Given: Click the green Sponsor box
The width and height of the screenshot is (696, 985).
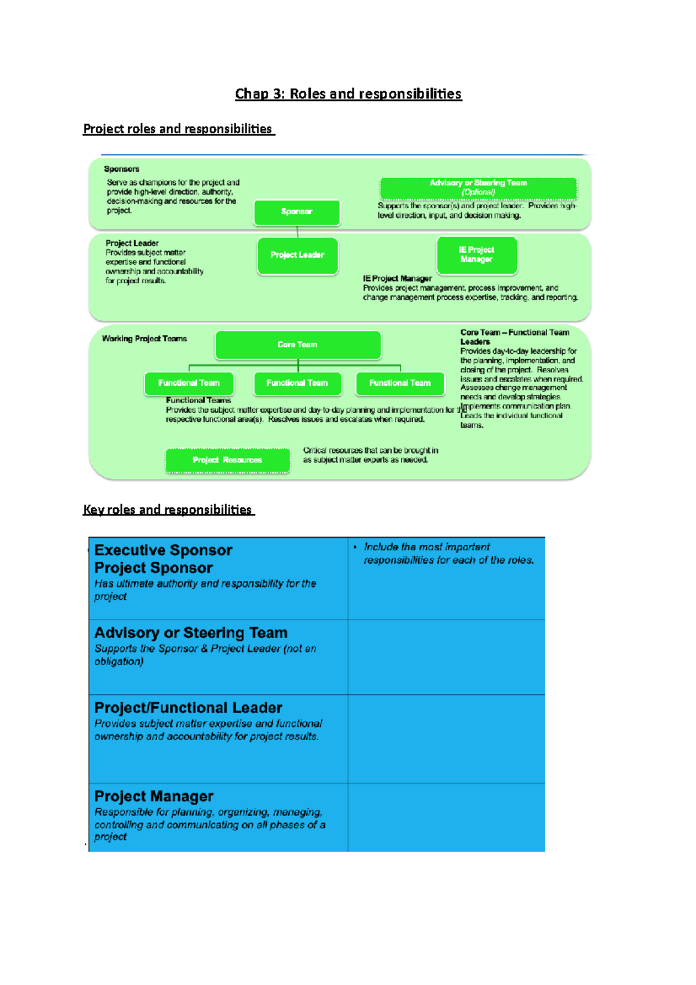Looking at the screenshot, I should click(x=296, y=212).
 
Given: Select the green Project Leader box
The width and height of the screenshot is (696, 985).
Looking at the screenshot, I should click(x=297, y=255).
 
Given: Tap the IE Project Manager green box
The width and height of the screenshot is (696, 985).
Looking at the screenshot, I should click(x=477, y=255).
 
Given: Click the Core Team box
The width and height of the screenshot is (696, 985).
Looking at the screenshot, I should click(x=298, y=345).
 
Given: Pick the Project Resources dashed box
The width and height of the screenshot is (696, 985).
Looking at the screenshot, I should click(x=227, y=460).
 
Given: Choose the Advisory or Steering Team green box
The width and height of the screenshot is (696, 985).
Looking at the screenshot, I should click(x=478, y=187).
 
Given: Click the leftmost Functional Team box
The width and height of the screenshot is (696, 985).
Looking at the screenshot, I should click(x=189, y=383).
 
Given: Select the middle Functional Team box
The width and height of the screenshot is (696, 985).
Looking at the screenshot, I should click(x=297, y=383).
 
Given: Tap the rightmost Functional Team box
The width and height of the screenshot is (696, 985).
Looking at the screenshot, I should click(x=400, y=383).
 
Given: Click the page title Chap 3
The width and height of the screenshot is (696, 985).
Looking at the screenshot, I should click(x=348, y=94).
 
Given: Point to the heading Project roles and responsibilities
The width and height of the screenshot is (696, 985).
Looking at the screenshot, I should click(x=178, y=129).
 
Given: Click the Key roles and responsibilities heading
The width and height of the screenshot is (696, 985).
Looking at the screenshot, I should click(x=168, y=510).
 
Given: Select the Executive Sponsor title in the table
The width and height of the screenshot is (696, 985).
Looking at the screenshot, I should click(x=163, y=550).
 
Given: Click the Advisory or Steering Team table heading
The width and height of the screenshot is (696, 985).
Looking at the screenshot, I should click(x=191, y=632).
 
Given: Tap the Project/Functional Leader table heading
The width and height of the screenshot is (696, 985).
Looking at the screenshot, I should click(x=188, y=708).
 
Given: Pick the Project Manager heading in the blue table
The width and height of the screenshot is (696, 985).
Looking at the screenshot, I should click(x=154, y=796).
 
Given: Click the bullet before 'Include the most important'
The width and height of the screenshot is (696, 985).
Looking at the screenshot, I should click(x=354, y=547).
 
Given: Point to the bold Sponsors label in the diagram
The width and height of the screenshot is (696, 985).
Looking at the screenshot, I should click(x=122, y=169).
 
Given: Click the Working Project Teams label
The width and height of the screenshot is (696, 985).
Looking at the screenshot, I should click(x=144, y=339).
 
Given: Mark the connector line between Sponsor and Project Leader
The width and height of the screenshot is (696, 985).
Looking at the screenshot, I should click(x=298, y=231).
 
